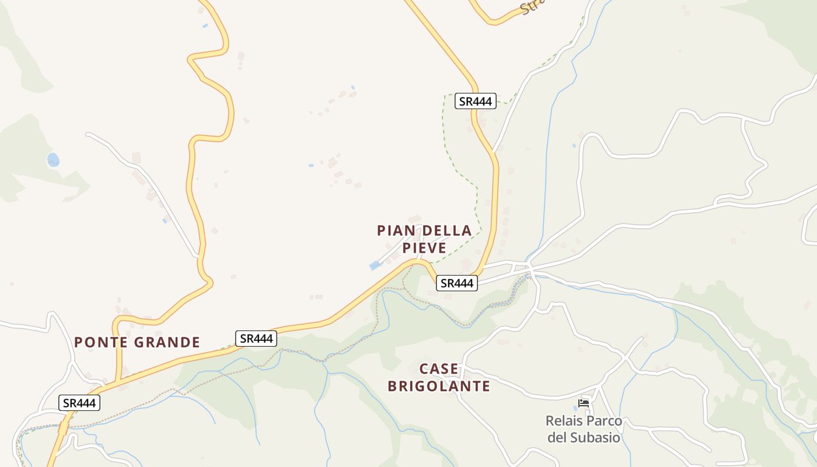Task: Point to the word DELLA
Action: tap(445, 231)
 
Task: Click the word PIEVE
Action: tap(424, 248)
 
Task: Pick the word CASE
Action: tap(439, 369)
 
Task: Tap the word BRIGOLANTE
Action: tap(439, 386)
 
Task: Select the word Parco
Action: tap(605, 421)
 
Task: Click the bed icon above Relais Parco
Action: tap(583, 403)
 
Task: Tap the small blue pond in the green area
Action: tap(53, 159)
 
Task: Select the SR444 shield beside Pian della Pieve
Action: tap(457, 283)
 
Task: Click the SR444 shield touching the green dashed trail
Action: tap(475, 101)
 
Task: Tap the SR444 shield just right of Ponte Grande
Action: tap(256, 338)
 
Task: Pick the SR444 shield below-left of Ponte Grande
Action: tap(79, 402)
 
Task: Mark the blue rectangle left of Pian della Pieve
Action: tap(375, 266)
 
